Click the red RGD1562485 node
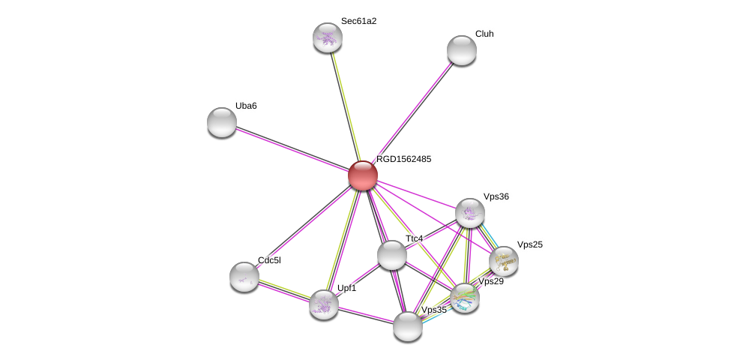point(363,175)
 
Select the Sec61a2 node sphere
point(328,37)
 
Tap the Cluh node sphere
point(462,50)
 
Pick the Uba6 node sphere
point(222,123)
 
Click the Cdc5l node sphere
point(244,277)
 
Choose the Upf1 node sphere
point(324,305)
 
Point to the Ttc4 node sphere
point(391,255)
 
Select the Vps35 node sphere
point(408,326)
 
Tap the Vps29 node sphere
point(465,298)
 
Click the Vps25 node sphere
point(504,261)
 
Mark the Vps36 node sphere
point(470,213)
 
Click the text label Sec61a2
point(358,21)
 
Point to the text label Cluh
point(484,34)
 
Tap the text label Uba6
point(246,106)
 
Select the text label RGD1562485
point(403,159)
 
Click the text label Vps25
point(530,244)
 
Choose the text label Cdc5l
point(269,260)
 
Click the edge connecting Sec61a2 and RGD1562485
point(345,106)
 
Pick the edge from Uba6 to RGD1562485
point(292,149)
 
